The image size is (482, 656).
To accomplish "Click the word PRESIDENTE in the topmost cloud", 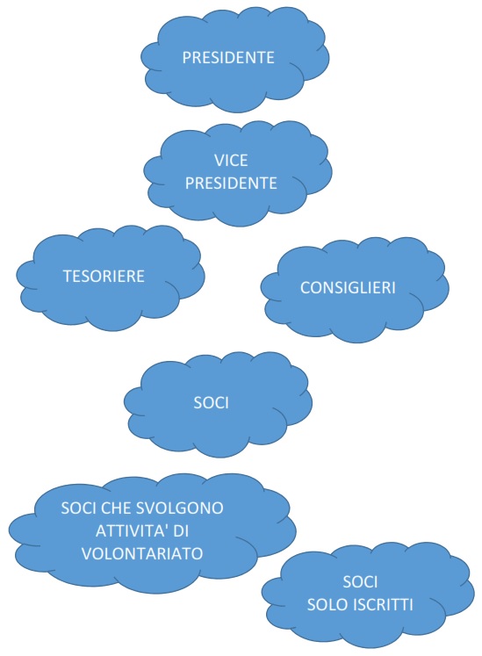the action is [x=228, y=58].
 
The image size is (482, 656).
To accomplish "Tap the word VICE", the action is [x=231, y=161].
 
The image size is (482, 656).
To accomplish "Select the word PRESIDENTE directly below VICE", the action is [x=231, y=184].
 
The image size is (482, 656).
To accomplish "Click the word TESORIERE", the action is [x=104, y=277].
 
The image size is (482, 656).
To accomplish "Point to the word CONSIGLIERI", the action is [x=348, y=288].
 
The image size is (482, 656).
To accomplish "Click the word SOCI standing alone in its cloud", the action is [x=212, y=403].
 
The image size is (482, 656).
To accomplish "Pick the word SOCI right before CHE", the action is [x=79, y=508].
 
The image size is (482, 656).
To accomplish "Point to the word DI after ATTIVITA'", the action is [x=181, y=531].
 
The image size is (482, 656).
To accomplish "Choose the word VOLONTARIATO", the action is [x=142, y=554].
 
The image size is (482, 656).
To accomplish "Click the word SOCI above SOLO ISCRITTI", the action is [x=360, y=582].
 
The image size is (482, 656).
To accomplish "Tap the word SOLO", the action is [x=325, y=605].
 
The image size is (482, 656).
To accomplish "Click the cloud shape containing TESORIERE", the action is [x=111, y=278].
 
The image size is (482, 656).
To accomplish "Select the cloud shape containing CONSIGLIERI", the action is [x=355, y=290].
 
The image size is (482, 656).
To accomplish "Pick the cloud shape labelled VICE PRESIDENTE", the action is [x=238, y=173].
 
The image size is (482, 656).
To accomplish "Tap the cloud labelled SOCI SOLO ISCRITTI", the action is [x=368, y=595].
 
